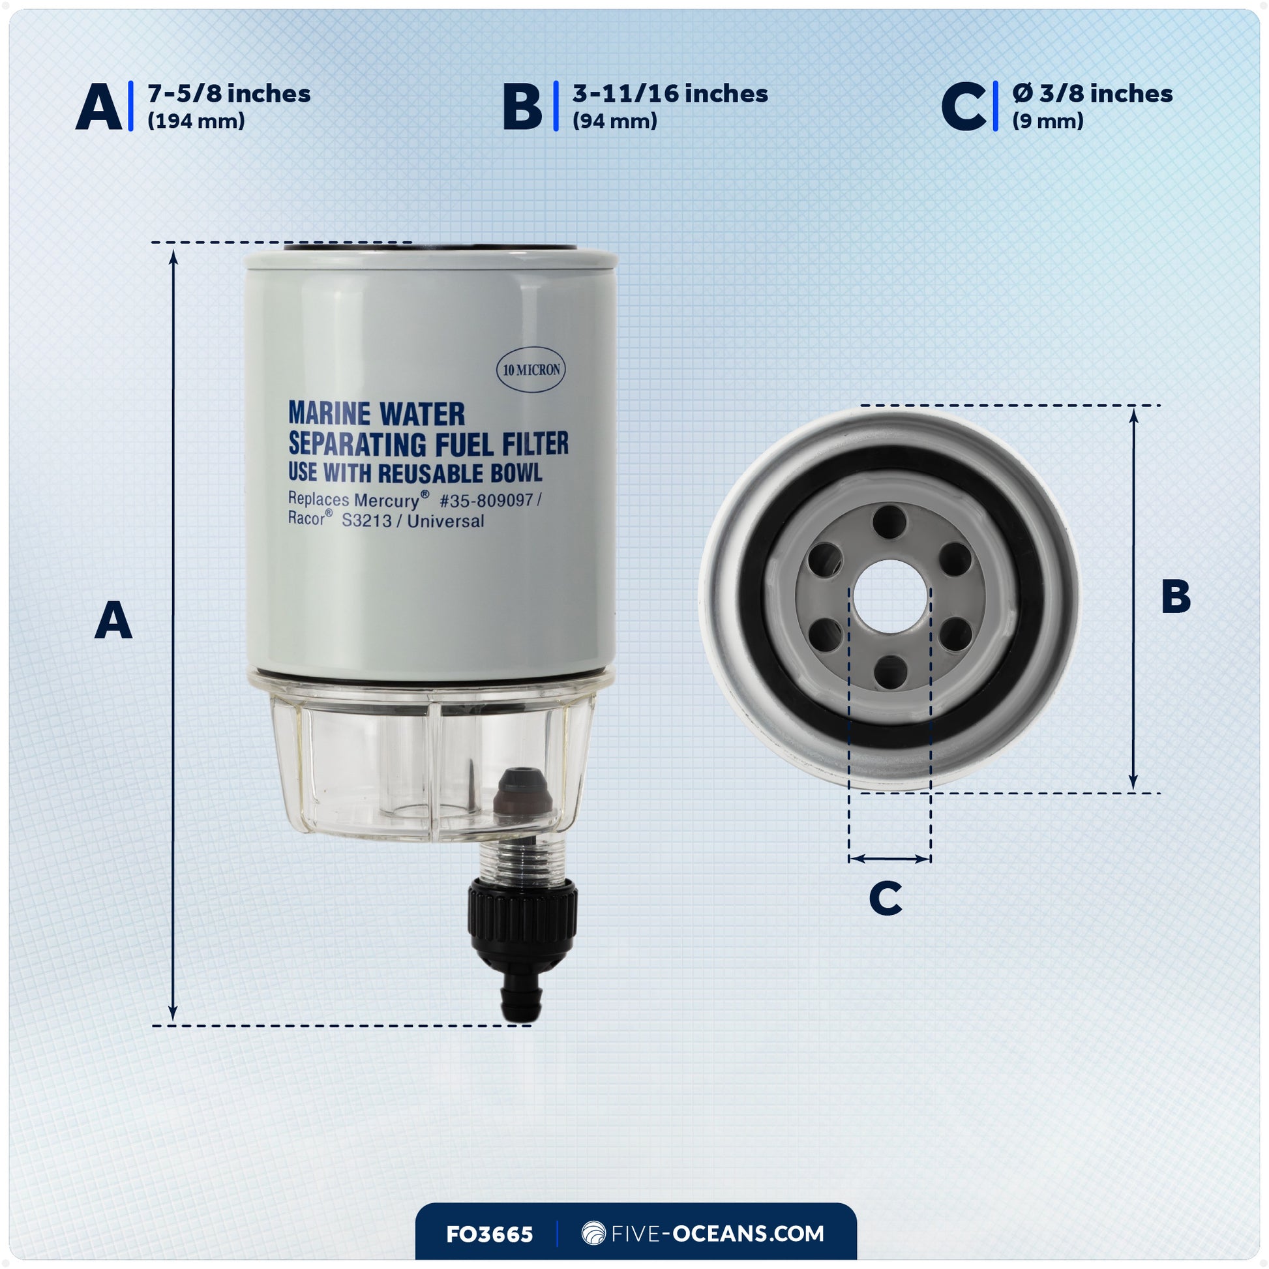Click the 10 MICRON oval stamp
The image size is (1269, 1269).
[531, 370]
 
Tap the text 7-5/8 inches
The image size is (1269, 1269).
[229, 94]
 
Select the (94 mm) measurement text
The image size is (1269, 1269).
[614, 121]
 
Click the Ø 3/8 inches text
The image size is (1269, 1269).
[1092, 94]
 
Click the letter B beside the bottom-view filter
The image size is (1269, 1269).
[1175, 597]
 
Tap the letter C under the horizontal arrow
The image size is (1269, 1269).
[885, 898]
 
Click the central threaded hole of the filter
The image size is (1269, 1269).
[890, 597]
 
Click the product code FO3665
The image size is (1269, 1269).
[489, 1234]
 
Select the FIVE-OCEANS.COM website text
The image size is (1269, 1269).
[717, 1234]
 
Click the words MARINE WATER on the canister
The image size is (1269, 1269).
[376, 414]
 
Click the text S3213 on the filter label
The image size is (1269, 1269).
[366, 521]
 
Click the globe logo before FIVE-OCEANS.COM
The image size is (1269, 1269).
[593, 1234]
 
